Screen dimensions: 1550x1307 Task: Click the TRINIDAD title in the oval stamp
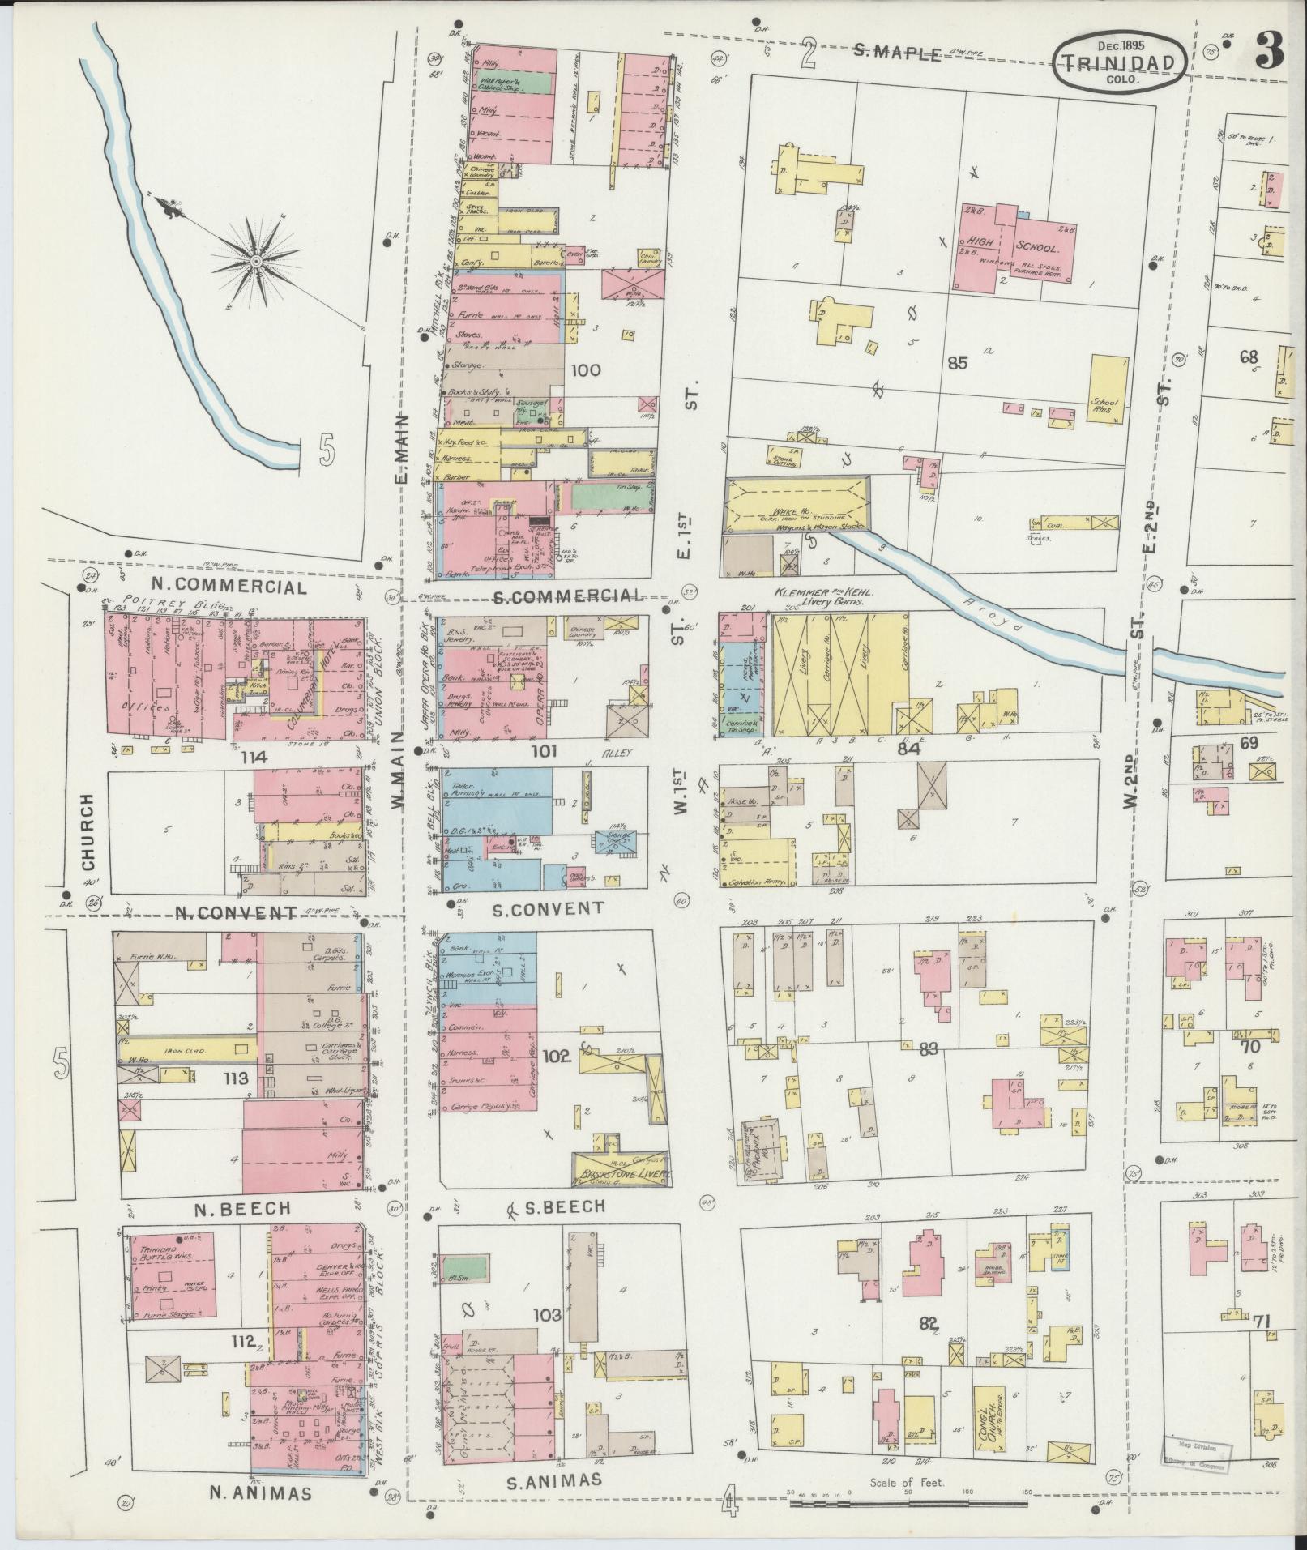pos(1121,62)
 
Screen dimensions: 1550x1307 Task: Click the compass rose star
pos(255,260)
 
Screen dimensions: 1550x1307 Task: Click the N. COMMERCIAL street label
pos(229,587)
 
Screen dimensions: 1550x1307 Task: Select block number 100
pos(585,371)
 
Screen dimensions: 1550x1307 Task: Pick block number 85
pos(958,362)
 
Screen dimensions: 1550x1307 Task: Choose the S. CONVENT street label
pos(548,908)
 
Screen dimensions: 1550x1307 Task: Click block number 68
pos(1249,357)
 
